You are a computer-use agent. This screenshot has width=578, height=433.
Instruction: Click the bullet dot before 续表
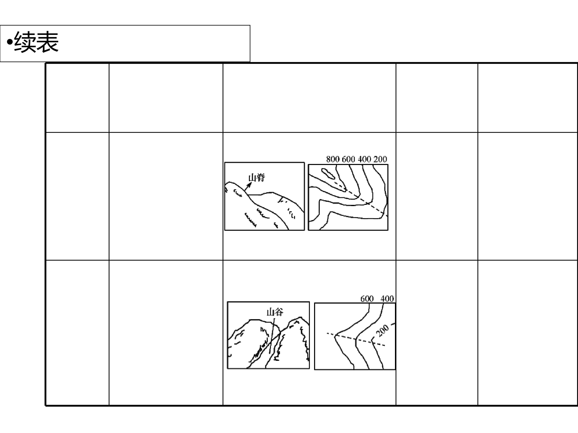coord(10,42)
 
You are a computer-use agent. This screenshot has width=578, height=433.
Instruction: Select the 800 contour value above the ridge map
coord(333,159)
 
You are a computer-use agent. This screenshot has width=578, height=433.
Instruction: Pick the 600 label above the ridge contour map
coord(348,159)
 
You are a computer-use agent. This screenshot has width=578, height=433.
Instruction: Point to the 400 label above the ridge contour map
coord(364,159)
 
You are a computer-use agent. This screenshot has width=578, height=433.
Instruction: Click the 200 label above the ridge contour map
coord(380,159)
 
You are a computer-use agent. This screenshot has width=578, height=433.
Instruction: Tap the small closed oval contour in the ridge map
coord(328,174)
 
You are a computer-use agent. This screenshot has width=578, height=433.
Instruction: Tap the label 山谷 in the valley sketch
coord(275,312)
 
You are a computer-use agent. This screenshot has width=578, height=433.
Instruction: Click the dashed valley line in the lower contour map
coord(356,339)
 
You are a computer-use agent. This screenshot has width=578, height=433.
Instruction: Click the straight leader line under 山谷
coord(272,335)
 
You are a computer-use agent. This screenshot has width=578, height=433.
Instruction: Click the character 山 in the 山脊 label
coord(252,178)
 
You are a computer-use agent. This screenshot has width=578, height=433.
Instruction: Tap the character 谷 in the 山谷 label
coord(279,312)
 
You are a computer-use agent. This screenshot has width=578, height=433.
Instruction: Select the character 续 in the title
coord(25,42)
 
